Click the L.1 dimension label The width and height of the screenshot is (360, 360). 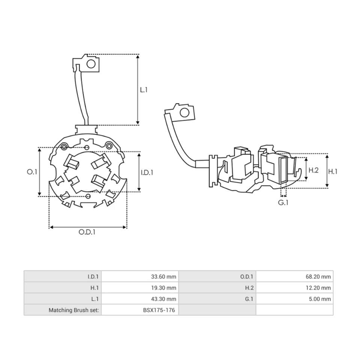(x=144, y=90)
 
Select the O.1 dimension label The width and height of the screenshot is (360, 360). (x=32, y=172)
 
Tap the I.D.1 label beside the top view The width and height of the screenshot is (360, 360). (x=147, y=172)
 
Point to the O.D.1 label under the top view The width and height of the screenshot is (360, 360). (x=87, y=232)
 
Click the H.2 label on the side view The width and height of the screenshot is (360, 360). (x=313, y=170)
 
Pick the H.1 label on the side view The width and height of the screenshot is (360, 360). (x=333, y=171)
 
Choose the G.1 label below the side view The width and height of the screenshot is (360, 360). (x=283, y=202)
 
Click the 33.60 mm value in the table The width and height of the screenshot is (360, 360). (x=163, y=277)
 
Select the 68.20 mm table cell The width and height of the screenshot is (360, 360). (x=318, y=277)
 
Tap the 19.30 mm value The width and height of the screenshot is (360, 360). (x=163, y=288)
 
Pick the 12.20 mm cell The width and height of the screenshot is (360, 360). (x=318, y=288)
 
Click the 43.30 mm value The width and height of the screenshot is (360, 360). (x=163, y=299)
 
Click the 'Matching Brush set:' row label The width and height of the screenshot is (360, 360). (x=73, y=310)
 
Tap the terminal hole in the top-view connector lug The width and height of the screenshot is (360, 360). (x=91, y=64)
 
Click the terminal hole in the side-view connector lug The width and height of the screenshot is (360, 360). (x=184, y=112)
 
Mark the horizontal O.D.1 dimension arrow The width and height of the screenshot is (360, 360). (x=88, y=227)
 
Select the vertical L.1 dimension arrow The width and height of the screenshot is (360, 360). (x=138, y=90)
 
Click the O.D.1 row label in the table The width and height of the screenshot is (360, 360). (x=247, y=277)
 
